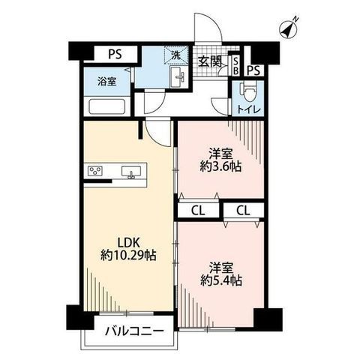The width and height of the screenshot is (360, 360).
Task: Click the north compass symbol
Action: tap(289, 29)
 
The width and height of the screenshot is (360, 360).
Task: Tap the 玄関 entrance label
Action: tap(210, 61)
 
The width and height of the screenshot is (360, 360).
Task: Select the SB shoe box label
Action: tap(235, 66)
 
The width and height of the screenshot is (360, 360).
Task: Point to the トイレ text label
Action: tap(248, 109)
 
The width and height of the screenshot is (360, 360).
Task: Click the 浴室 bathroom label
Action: tap(106, 82)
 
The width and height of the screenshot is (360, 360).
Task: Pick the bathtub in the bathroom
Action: tap(107, 106)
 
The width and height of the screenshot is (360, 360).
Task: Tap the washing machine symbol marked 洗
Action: tap(176, 55)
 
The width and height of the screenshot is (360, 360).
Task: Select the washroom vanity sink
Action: tap(178, 77)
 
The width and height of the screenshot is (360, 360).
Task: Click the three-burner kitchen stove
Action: tap(95, 172)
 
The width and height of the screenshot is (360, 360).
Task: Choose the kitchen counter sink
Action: tap(131, 172)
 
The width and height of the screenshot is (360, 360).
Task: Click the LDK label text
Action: tap(128, 242)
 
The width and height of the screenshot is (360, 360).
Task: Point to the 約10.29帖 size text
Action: tap(128, 256)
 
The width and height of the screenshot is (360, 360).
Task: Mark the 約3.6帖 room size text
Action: tap(220, 166)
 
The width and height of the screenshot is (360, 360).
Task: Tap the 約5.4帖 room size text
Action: tap(221, 280)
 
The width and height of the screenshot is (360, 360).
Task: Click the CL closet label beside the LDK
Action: tap(198, 211)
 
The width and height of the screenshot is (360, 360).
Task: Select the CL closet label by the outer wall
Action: tap(243, 211)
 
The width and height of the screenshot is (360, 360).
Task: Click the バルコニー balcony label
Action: tap(134, 331)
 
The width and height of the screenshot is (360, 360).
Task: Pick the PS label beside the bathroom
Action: tap(115, 54)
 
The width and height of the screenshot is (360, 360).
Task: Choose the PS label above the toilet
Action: tap(253, 71)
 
